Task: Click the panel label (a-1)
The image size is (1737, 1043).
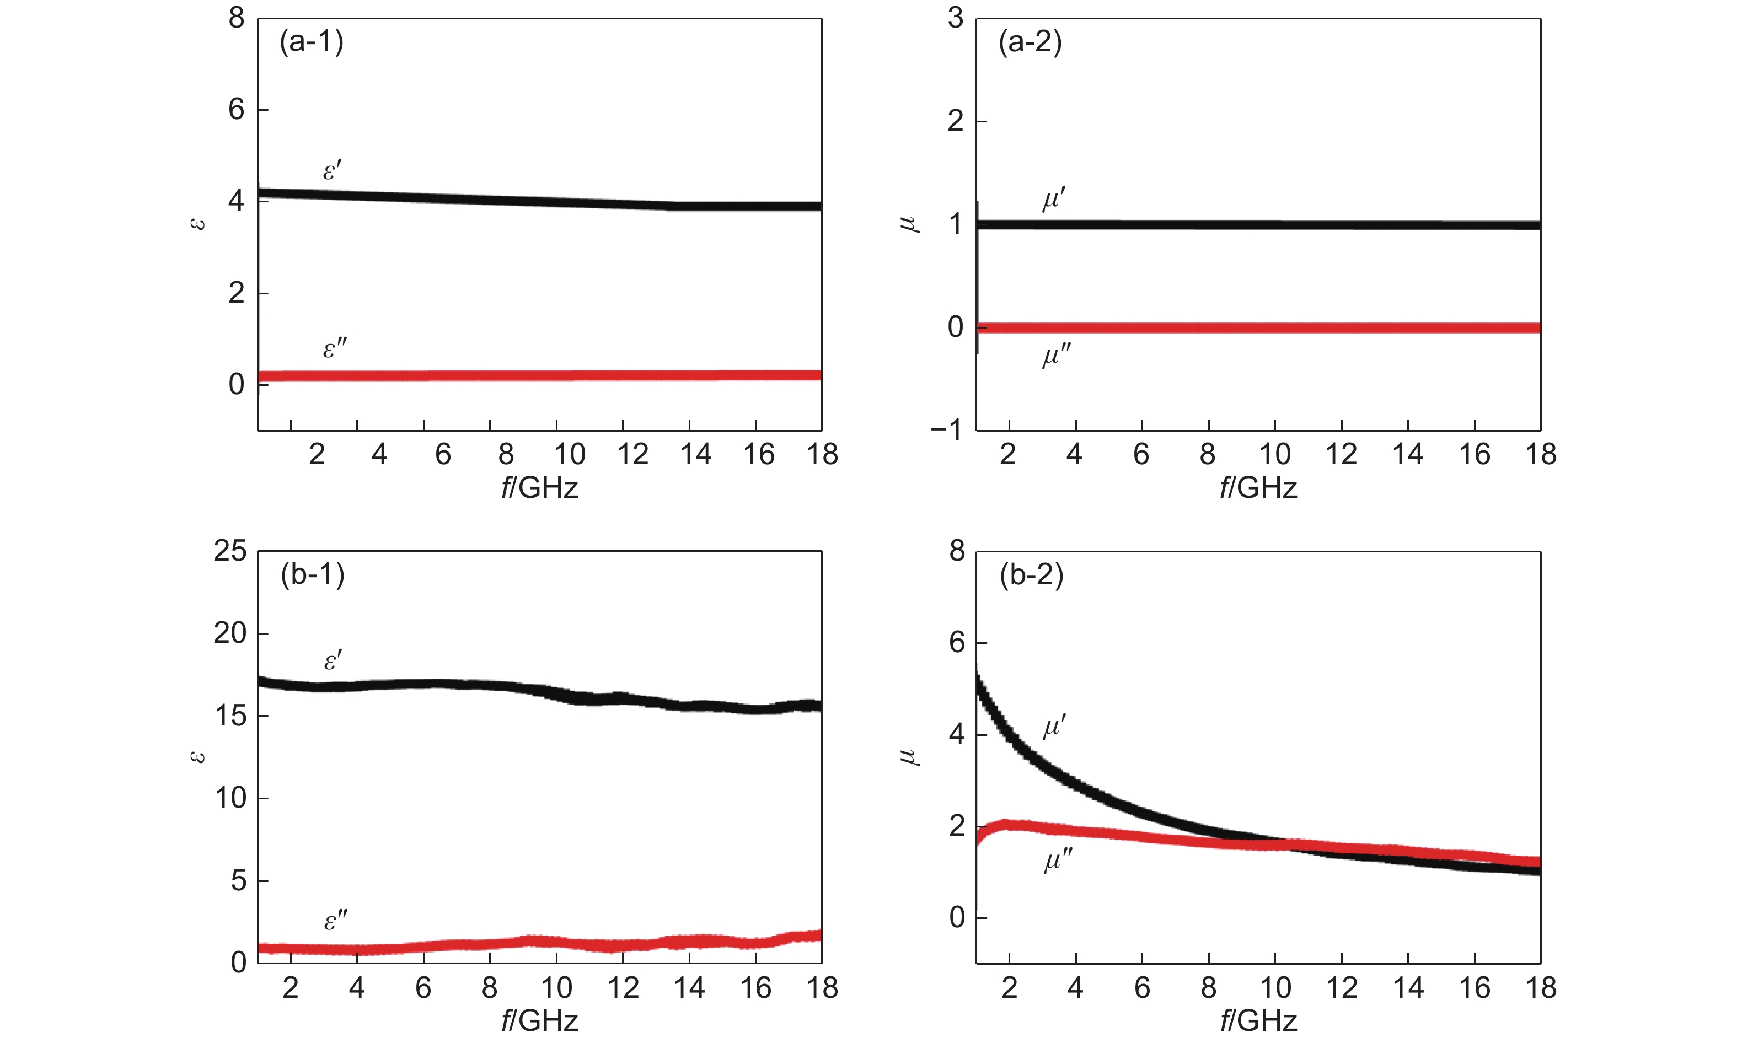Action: [312, 42]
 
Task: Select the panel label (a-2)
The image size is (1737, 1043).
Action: [1030, 42]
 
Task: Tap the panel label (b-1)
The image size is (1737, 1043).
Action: [312, 575]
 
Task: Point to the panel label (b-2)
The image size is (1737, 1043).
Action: [1031, 575]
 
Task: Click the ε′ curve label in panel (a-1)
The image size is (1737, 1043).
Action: [332, 170]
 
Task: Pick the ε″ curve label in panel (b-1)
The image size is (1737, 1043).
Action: [335, 920]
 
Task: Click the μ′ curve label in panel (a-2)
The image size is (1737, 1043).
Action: [1054, 200]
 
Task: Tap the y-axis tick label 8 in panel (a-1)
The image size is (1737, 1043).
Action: [236, 18]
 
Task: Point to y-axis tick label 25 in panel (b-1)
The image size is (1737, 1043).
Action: [230, 551]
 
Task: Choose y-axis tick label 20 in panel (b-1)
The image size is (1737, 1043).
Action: [230, 633]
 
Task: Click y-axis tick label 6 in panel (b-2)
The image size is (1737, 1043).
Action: [957, 642]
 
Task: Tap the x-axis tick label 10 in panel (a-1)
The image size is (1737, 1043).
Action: [570, 455]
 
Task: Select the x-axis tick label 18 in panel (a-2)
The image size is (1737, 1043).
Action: [1540, 455]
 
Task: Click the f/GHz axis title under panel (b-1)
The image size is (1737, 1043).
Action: [539, 1020]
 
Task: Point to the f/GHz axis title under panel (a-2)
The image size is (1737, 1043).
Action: [1258, 488]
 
